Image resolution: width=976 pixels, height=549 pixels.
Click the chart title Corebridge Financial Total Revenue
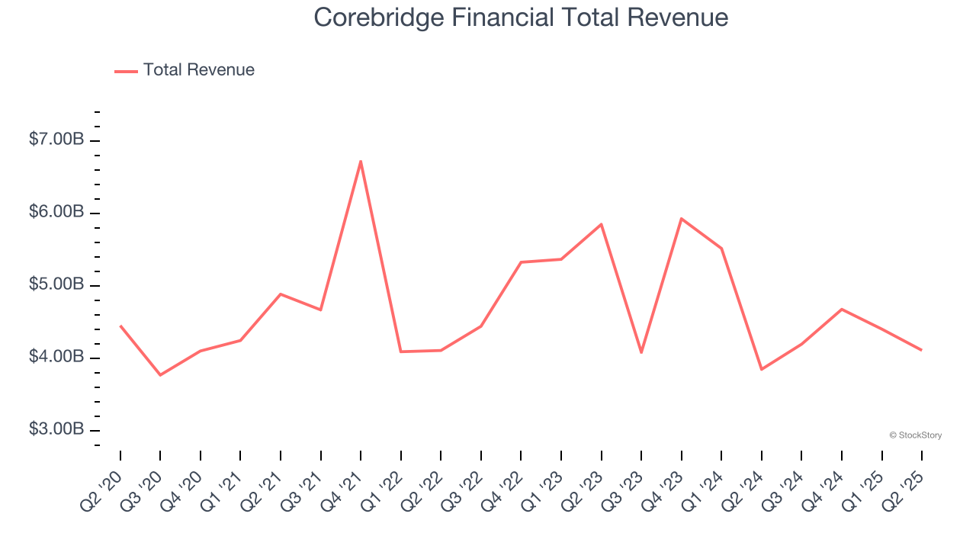(x=521, y=18)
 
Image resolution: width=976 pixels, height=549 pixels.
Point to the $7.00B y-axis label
(x=56, y=140)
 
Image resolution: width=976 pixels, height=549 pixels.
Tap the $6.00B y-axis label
(x=56, y=212)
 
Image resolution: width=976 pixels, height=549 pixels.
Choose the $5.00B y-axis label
(x=56, y=284)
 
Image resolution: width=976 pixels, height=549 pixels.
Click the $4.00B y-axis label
(x=56, y=357)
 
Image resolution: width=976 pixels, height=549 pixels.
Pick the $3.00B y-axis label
(x=56, y=429)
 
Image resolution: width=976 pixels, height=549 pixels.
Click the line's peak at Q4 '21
(x=361, y=161)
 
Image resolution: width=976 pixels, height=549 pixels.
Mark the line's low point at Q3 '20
(x=160, y=375)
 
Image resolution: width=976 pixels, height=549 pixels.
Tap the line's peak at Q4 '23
(x=681, y=219)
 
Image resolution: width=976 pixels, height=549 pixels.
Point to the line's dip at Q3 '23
(x=641, y=352)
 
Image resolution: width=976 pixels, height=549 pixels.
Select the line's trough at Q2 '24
(x=761, y=370)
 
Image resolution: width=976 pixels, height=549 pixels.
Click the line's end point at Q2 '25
(x=921, y=350)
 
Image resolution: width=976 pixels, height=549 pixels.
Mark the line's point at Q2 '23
(x=601, y=224)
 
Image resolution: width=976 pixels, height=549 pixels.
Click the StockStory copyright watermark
(x=915, y=435)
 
